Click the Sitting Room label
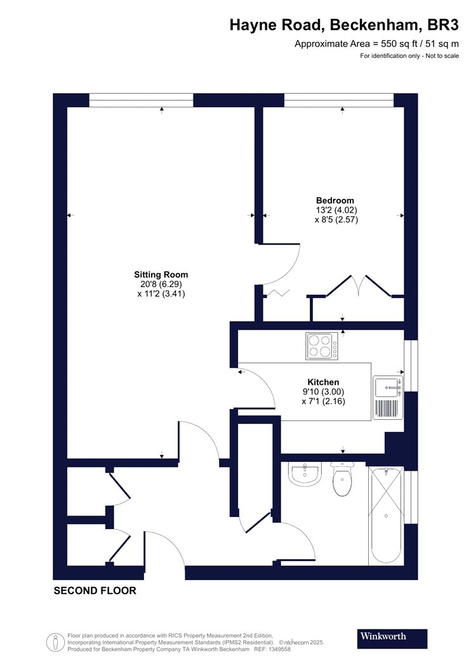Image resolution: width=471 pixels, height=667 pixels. [x=161, y=275]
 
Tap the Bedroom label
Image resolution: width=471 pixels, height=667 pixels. [x=335, y=200]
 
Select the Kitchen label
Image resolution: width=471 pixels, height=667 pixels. [x=324, y=382]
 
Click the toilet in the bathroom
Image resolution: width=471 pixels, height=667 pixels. [x=342, y=480]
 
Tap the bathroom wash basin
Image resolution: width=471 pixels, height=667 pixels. [x=304, y=475]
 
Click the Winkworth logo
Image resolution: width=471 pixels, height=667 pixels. [x=392, y=638]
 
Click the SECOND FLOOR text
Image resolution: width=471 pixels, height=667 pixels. [x=95, y=590]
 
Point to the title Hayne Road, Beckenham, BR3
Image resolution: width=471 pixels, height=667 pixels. [x=344, y=25]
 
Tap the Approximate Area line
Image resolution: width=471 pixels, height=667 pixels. [x=376, y=43]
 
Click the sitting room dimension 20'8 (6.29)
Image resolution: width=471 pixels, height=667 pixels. [x=160, y=284]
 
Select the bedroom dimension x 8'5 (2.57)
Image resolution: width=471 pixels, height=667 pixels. [x=336, y=220]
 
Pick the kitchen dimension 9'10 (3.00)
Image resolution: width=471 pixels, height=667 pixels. [x=324, y=391]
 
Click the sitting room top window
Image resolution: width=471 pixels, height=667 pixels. [x=141, y=100]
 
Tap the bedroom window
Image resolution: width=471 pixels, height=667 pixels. [x=339, y=100]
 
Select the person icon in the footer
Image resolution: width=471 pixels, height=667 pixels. [x=56, y=642]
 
